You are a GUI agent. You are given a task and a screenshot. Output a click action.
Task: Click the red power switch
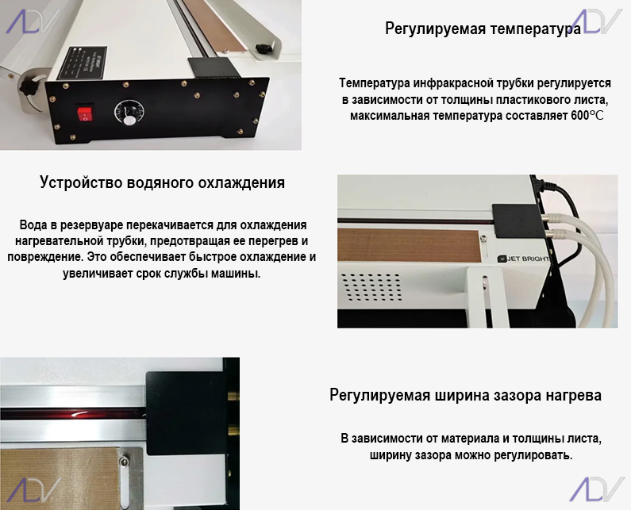[85, 113]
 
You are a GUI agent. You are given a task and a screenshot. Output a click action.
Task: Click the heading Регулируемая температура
[483, 29]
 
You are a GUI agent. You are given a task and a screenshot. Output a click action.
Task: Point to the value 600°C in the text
[587, 116]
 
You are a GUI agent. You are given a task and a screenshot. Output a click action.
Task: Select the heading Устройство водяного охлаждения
[162, 182]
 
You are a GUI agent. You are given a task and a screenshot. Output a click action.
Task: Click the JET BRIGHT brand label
[524, 259]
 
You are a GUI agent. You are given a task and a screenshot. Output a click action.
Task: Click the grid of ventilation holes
[371, 287]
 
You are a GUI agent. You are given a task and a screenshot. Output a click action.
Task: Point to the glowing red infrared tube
[73, 414]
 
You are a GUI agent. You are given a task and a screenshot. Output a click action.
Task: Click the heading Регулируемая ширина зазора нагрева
[466, 395]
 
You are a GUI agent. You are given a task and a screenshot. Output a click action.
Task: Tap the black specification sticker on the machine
[81, 63]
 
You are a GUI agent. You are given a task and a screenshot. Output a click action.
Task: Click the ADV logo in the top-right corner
[597, 21]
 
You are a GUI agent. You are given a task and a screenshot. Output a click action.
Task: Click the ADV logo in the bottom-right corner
[597, 489]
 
